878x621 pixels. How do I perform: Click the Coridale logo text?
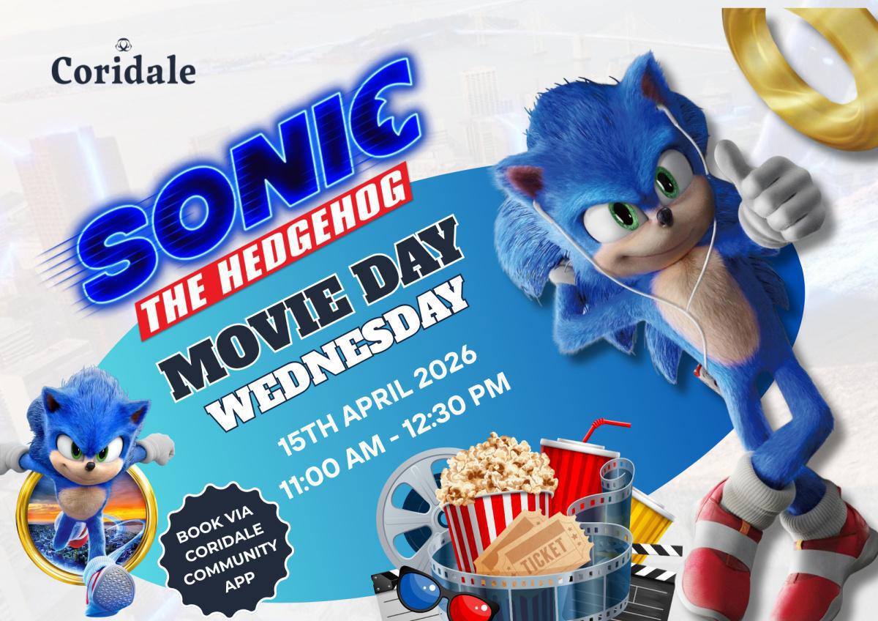[x=123, y=70]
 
